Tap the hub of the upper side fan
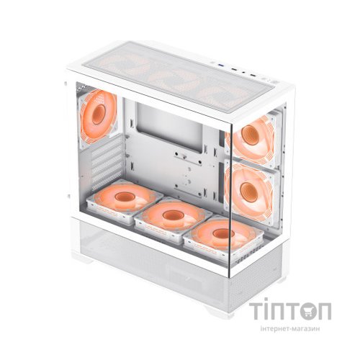(251, 135)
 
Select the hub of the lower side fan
(249, 192)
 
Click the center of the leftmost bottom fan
(125, 197)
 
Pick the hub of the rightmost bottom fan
(223, 233)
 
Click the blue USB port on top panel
(221, 65)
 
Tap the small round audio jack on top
(243, 71)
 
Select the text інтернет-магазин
(290, 329)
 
